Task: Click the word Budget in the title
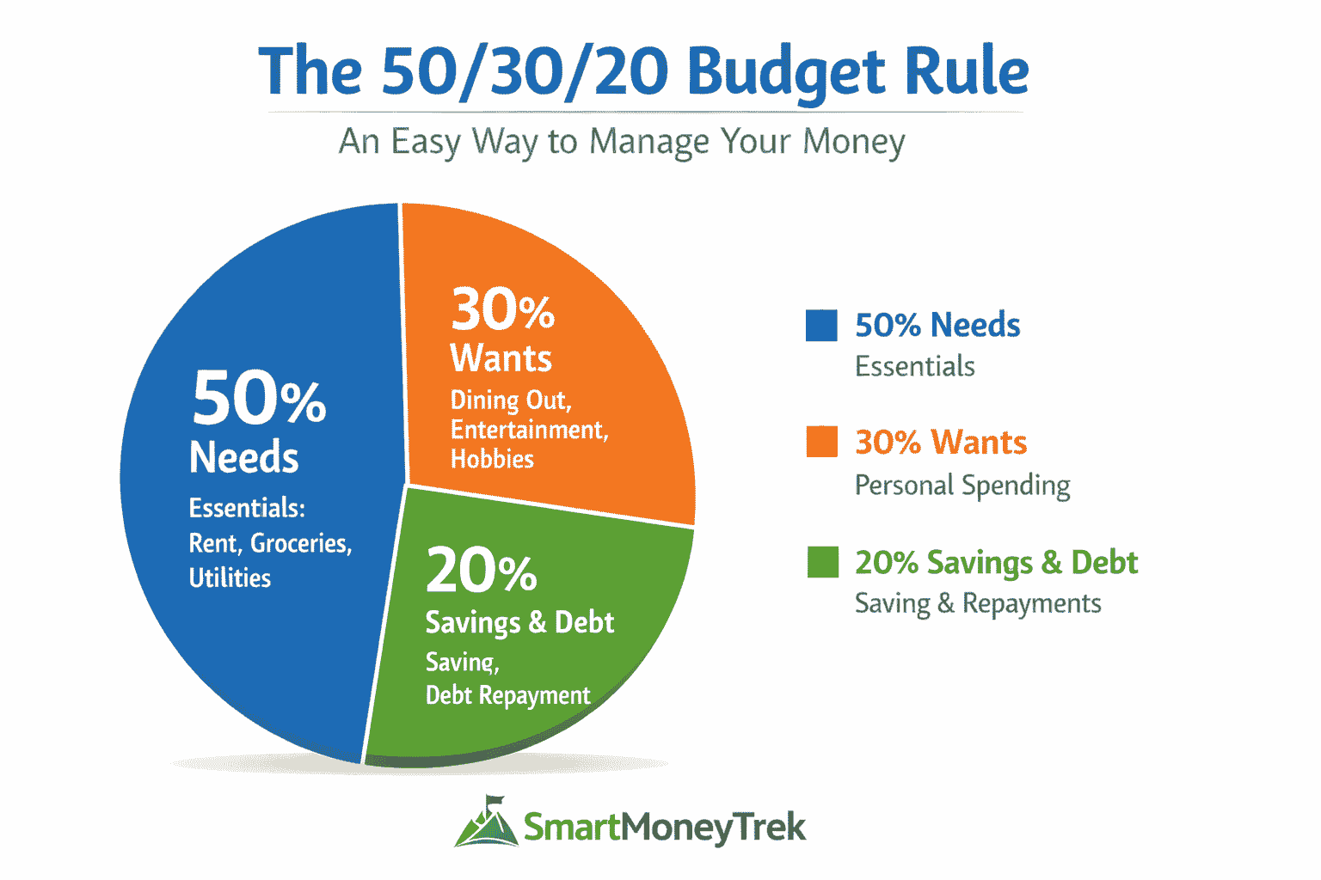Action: tap(786, 72)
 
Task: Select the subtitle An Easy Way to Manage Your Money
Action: tap(622, 142)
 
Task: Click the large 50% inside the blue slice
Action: tap(259, 400)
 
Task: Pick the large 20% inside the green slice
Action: tap(481, 571)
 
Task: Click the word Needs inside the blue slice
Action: tap(244, 457)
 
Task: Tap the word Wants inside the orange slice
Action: tap(501, 358)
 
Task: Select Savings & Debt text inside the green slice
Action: tap(519, 622)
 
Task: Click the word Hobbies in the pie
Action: tap(492, 459)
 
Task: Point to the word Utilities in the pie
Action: tap(230, 577)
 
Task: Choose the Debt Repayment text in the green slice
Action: tap(507, 695)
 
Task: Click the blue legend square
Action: tap(821, 326)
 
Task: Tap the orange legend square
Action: tap(821, 442)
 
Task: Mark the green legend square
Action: tap(822, 562)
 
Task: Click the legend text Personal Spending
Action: tap(962, 486)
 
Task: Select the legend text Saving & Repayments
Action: tap(977, 603)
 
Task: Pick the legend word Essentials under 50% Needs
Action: tap(914, 367)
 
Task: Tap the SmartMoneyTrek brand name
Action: tap(665, 828)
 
